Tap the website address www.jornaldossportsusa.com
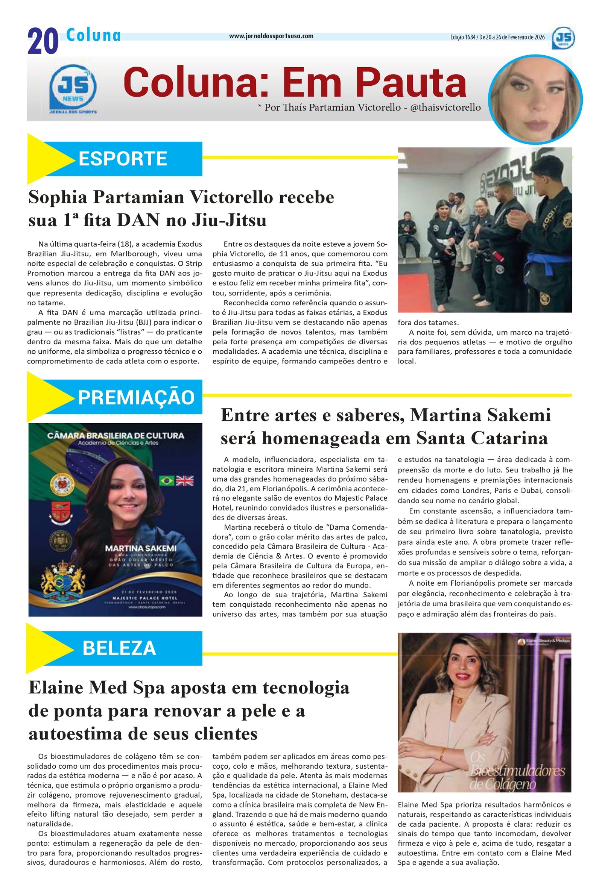(271, 36)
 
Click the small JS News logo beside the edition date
(563, 38)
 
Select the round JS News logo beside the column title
(73, 89)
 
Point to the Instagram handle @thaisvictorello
(445, 108)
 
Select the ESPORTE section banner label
(123, 158)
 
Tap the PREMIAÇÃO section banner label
(136, 397)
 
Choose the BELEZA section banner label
(119, 648)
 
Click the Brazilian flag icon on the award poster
(166, 481)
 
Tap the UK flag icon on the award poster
(185, 481)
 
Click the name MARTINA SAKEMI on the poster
(141, 548)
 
